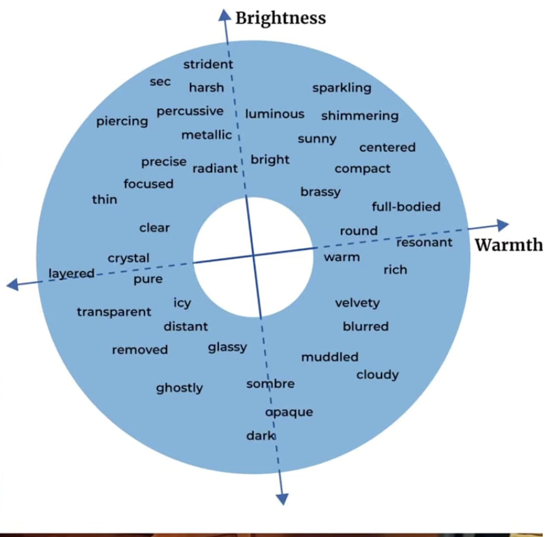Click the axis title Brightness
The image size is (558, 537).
pyautogui.click(x=280, y=18)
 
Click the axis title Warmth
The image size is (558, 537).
pyautogui.click(x=509, y=245)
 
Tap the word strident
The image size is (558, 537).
pyautogui.click(x=208, y=64)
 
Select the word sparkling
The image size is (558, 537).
pyautogui.click(x=341, y=88)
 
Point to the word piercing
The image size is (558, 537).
pyautogui.click(x=122, y=121)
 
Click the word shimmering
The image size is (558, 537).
pyautogui.click(x=360, y=116)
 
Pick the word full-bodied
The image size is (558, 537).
pyautogui.click(x=406, y=207)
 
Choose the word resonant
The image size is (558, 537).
pyautogui.click(x=424, y=242)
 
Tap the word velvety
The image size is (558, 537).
pyautogui.click(x=357, y=303)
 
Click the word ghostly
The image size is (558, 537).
pyautogui.click(x=180, y=388)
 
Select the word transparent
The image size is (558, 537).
pyautogui.click(x=114, y=312)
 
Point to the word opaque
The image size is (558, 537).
pyautogui.click(x=289, y=412)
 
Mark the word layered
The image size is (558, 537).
pyautogui.click(x=71, y=274)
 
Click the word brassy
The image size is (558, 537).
pyautogui.click(x=320, y=192)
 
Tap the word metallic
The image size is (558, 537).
pyautogui.click(x=206, y=136)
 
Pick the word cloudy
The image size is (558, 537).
pyautogui.click(x=377, y=375)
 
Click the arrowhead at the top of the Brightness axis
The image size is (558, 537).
pyautogui.click(x=224, y=15)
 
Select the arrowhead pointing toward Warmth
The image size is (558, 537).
pyautogui.click(x=502, y=225)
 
